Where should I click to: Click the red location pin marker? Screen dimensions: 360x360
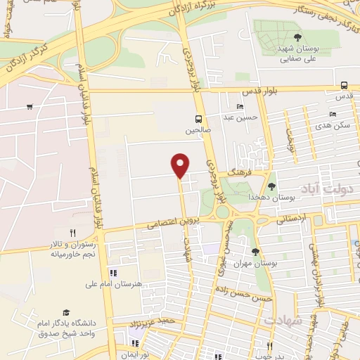click(181, 165)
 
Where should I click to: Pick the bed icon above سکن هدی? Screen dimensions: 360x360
click(333, 114)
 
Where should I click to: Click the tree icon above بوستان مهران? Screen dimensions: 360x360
click(255, 252)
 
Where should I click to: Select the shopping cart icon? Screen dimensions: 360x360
click(30, 107)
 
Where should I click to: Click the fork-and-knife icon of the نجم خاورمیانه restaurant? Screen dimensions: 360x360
click(72, 233)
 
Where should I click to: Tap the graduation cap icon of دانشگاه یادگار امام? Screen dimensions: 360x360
click(66, 313)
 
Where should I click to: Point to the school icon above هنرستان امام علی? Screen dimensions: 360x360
click(112, 273)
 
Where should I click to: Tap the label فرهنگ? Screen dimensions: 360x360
click(238, 171)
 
